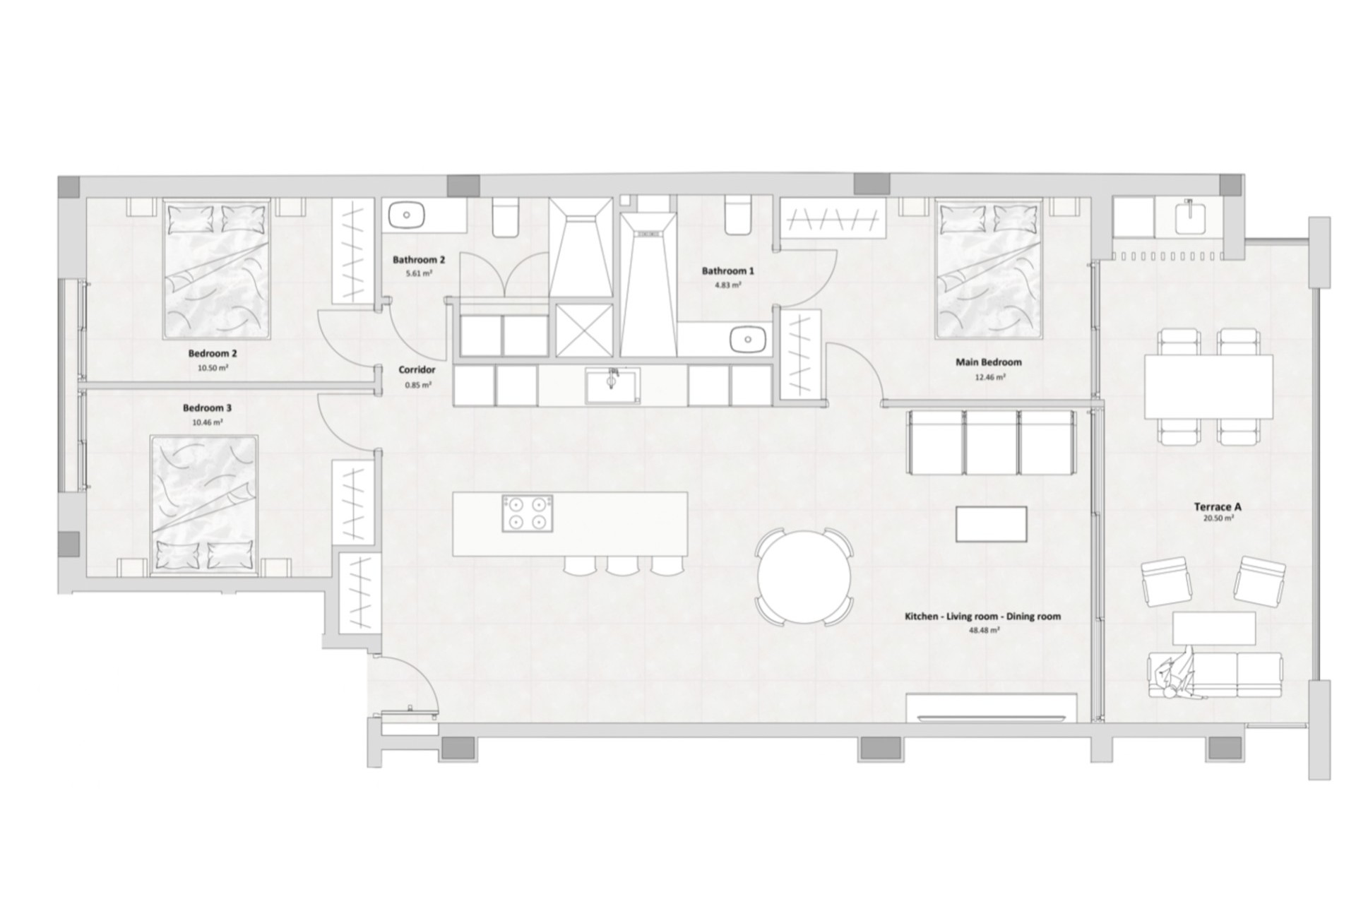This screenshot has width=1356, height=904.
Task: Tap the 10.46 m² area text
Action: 208,422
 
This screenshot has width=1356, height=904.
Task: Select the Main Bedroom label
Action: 989,362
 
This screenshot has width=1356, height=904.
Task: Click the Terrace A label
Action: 1218,506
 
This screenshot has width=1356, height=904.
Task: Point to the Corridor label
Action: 417,369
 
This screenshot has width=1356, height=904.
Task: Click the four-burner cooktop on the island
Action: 528,513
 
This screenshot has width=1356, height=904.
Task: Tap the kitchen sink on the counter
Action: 612,386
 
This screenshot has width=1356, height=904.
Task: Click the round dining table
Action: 804,576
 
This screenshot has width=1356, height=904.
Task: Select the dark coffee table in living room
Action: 991,524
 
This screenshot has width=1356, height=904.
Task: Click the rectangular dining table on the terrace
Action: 1208,386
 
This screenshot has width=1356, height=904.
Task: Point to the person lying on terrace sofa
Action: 1175,681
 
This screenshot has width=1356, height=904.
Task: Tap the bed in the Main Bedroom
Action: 989,268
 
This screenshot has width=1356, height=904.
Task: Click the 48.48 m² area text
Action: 984,630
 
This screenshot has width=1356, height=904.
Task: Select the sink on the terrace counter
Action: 1191,217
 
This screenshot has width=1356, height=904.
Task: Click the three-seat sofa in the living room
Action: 992,443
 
